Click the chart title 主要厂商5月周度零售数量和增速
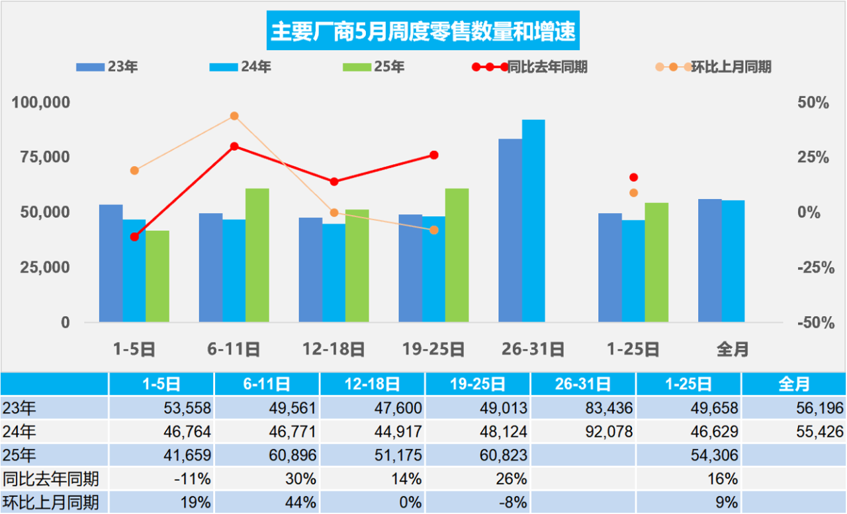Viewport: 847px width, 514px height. tap(423, 31)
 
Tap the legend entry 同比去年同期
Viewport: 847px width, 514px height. tap(529, 67)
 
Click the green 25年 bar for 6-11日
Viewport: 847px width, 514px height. tap(257, 255)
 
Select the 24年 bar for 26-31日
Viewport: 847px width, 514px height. tap(533, 221)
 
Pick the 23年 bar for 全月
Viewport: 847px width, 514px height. tap(710, 261)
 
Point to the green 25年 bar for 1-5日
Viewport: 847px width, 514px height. tap(157, 277)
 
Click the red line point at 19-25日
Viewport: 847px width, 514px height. tap(434, 155)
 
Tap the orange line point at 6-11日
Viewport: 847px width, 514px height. tap(234, 116)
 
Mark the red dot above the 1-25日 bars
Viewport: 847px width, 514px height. tap(633, 177)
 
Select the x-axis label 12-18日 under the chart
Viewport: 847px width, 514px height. tap(334, 349)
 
